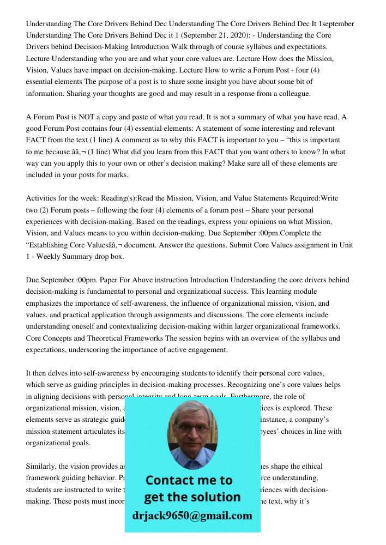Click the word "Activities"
[x=42, y=198]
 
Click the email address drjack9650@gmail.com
[x=192, y=516]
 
